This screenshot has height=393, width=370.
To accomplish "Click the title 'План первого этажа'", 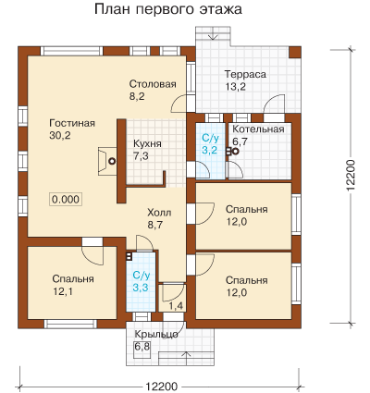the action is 168,9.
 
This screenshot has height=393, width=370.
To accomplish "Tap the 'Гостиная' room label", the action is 72,123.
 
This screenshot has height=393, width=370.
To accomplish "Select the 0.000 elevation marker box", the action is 66,200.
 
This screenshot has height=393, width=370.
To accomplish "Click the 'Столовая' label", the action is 153,84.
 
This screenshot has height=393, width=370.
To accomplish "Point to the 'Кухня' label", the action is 147,144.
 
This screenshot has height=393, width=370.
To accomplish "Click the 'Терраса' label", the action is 245,74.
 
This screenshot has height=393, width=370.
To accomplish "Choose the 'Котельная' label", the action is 258,129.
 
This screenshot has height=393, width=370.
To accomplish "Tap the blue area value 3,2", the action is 210,151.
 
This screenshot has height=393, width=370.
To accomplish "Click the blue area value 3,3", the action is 141,288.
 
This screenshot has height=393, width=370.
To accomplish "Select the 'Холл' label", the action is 159,213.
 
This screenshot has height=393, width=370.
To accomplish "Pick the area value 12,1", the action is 63,291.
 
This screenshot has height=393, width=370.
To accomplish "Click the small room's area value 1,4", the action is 176,306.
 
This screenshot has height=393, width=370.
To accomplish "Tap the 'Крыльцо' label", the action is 156,335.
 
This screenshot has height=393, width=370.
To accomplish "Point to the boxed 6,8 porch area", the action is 142,347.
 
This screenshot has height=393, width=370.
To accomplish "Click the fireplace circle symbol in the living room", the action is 112,161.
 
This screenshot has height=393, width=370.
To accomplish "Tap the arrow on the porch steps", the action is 186,358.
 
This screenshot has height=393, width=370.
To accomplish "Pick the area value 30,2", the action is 60,135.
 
